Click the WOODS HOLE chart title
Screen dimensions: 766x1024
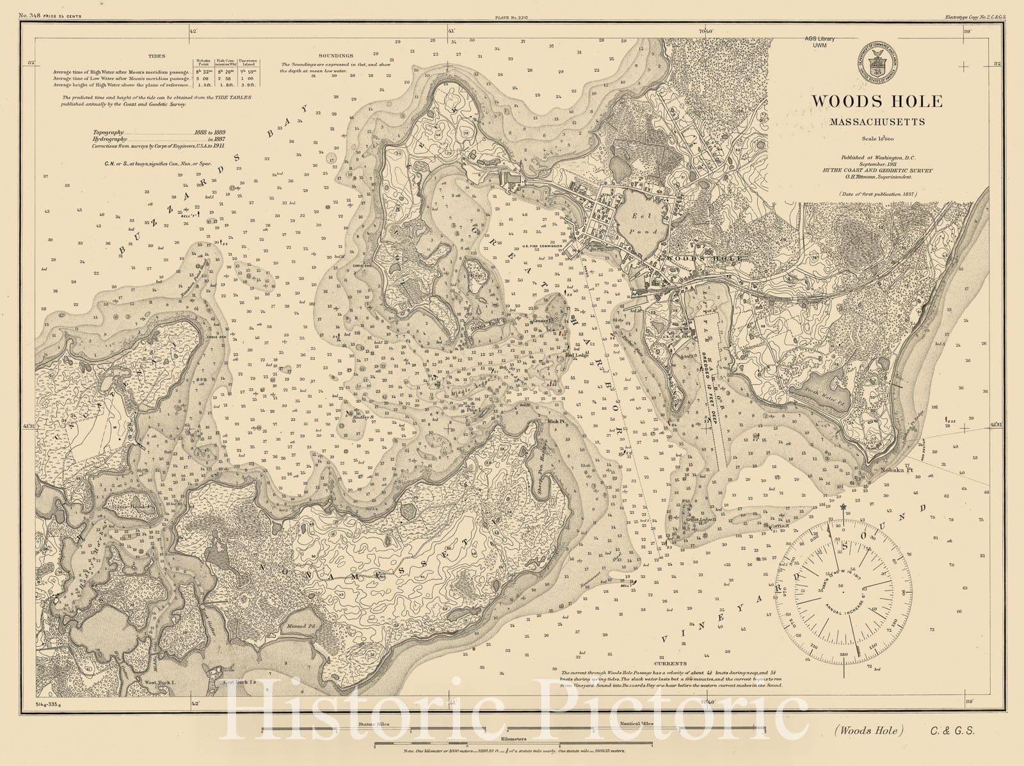click(x=877, y=101)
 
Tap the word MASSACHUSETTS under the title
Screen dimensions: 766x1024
click(x=877, y=122)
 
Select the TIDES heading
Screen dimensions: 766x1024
click(x=156, y=56)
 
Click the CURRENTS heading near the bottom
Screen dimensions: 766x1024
click(x=669, y=664)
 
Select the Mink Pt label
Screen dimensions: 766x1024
click(x=555, y=421)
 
